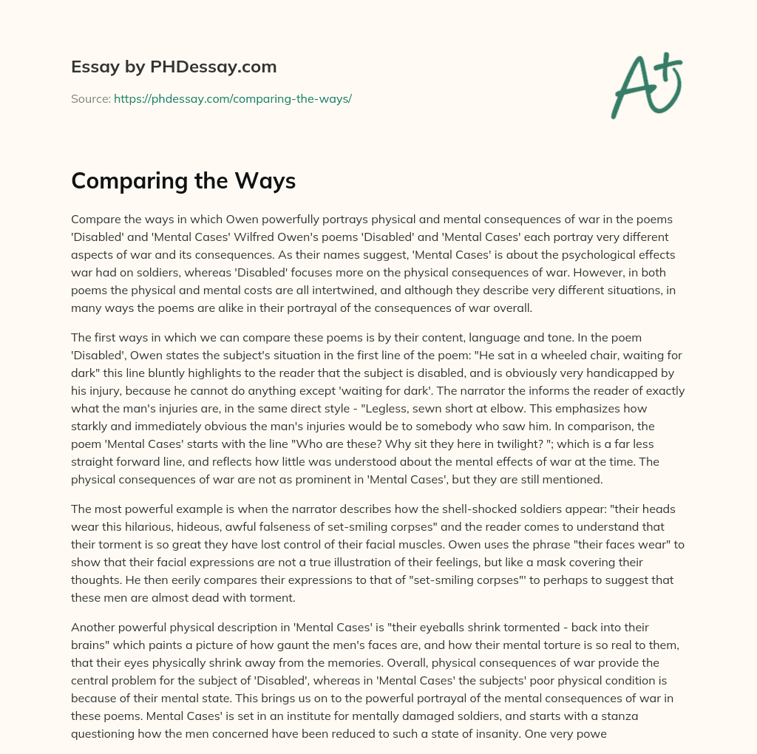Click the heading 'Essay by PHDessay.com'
coord(174,67)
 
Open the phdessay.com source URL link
coord(232,98)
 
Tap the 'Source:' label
coord(90,98)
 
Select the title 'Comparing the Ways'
coord(183,181)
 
